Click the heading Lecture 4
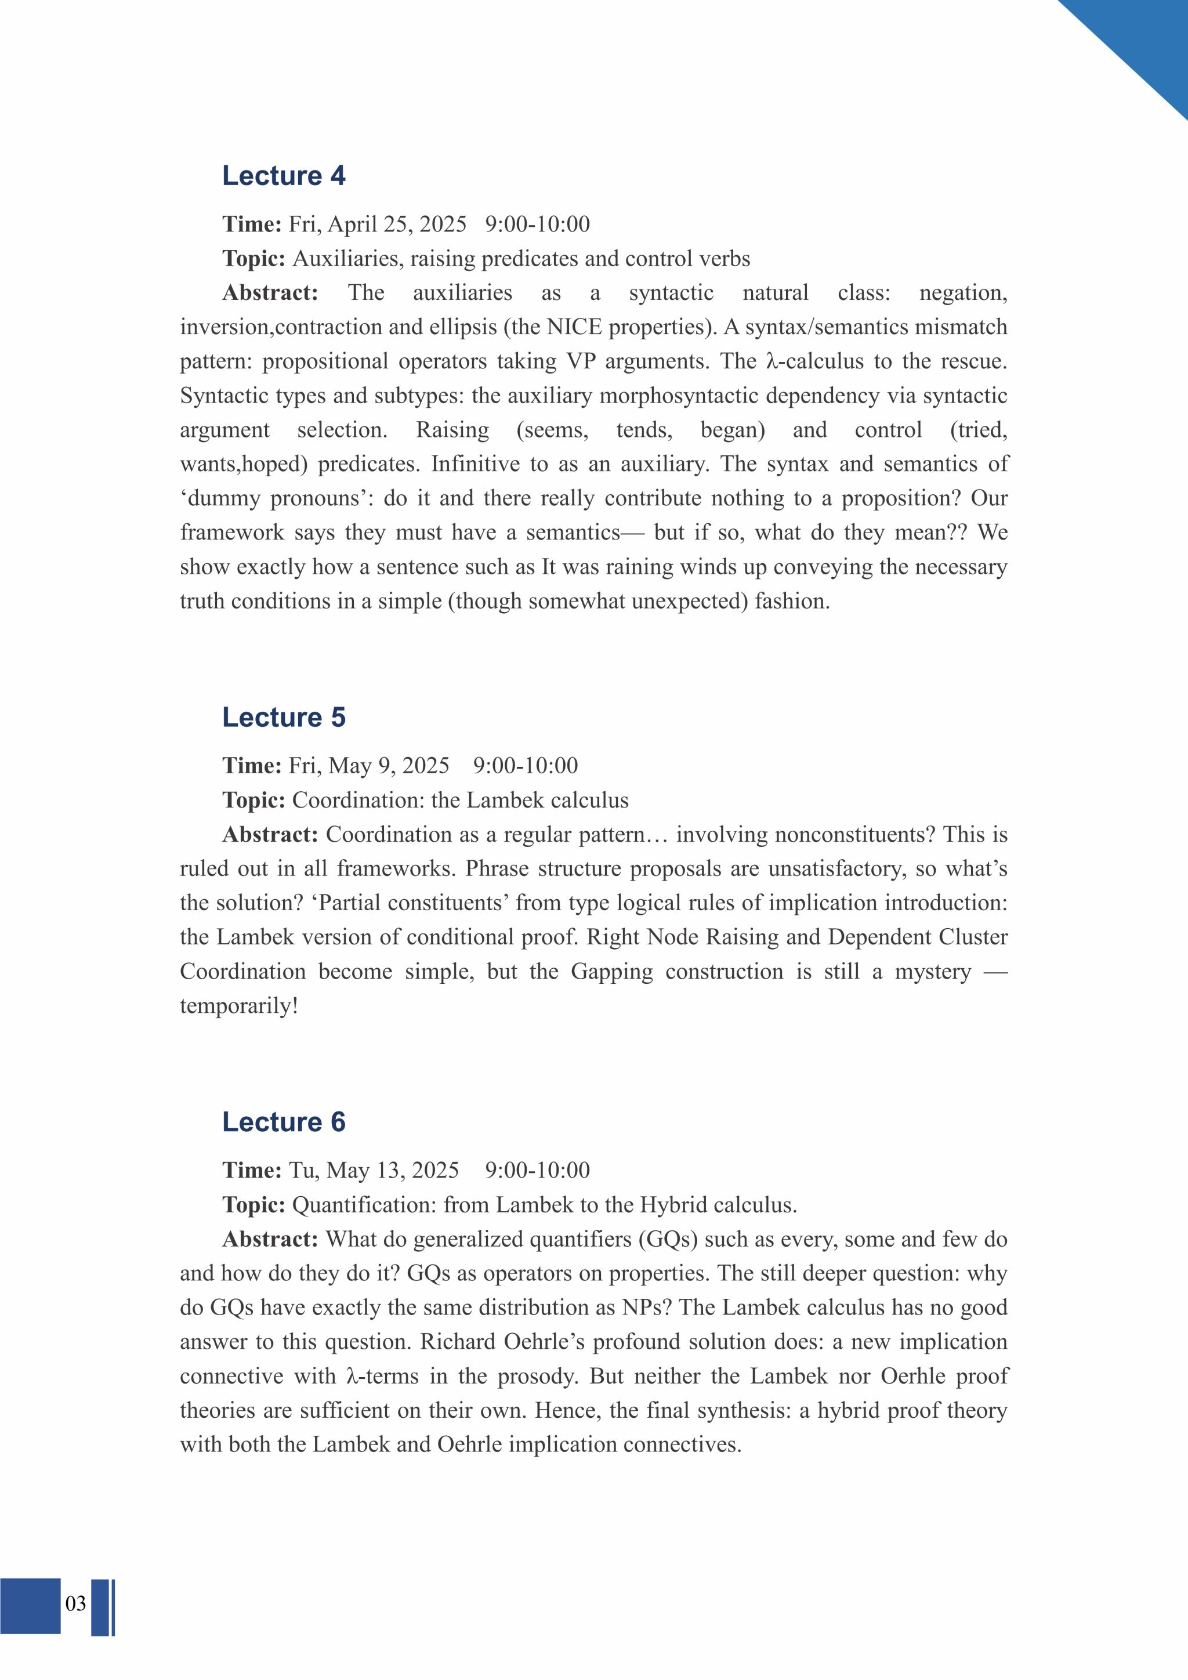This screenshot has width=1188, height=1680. [283, 176]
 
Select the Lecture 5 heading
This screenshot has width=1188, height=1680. [283, 717]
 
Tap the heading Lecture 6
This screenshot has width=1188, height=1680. [283, 1122]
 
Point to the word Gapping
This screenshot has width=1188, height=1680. [611, 972]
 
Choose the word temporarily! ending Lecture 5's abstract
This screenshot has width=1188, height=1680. [238, 1006]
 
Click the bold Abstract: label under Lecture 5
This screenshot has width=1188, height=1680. [270, 834]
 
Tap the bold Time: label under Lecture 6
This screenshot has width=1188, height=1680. [252, 1170]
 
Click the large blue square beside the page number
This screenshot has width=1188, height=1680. [30, 1605]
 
